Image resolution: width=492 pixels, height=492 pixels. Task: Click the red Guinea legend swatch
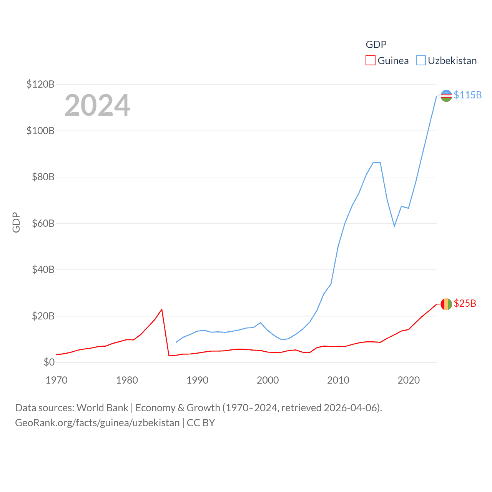(x=370, y=61)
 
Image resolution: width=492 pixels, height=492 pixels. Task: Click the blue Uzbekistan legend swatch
(x=421, y=61)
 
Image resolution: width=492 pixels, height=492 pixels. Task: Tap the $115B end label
(x=467, y=95)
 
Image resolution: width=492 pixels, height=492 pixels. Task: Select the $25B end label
(x=465, y=303)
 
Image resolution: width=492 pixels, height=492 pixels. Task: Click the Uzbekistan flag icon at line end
(x=446, y=96)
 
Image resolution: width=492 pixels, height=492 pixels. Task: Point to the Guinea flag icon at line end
(x=446, y=304)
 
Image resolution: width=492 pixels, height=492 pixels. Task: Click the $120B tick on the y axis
(x=40, y=84)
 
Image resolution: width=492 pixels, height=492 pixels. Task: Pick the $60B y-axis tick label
(x=43, y=223)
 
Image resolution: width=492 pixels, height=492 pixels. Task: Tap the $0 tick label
(x=49, y=362)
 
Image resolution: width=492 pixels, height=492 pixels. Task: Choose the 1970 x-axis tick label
(x=57, y=380)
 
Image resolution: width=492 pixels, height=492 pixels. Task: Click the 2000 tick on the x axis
(x=268, y=380)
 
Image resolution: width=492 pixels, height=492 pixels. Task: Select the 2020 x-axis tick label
(x=409, y=380)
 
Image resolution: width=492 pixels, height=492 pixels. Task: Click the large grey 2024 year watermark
(x=97, y=105)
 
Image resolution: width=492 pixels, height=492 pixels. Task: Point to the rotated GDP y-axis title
(x=16, y=222)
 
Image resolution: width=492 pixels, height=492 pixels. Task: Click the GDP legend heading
(x=376, y=45)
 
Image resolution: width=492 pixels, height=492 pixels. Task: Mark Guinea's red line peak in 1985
(x=162, y=309)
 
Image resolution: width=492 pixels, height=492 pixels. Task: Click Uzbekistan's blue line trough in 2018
(x=394, y=226)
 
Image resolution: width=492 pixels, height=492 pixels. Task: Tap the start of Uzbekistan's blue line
(x=176, y=342)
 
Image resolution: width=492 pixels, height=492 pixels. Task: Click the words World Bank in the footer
(x=102, y=407)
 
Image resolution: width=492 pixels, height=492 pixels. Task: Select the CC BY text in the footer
(x=201, y=423)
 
